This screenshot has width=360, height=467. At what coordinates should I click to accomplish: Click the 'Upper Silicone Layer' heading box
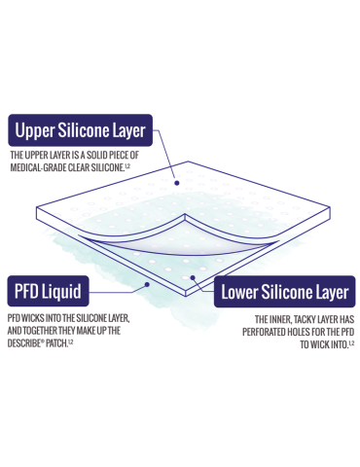click(80, 130)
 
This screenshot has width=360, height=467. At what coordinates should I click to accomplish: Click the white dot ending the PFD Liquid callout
click(146, 284)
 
